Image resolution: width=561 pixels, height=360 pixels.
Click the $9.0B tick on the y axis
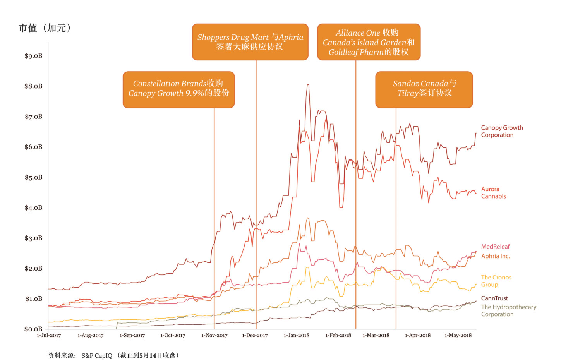point(33,56)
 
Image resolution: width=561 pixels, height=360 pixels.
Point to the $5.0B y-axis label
point(33,177)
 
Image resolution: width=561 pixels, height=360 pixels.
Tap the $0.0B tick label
point(33,329)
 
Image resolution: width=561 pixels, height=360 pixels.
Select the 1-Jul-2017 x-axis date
point(49,335)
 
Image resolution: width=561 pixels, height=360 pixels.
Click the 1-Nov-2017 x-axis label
point(214,335)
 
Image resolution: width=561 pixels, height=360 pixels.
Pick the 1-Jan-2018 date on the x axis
point(297,335)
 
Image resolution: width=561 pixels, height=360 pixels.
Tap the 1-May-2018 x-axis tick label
point(458,335)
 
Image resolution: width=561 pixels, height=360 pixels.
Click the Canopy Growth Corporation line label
point(502,131)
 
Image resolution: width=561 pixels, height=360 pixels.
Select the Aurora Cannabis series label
point(493,193)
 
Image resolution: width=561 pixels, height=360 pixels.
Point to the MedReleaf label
point(495,247)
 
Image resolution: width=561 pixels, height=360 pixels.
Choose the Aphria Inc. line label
point(495,256)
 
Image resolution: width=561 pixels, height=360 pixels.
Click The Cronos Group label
point(496,281)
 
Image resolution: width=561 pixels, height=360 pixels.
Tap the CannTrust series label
point(494,298)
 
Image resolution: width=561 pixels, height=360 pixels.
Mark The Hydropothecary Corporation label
point(508,310)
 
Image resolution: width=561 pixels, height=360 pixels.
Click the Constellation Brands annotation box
point(178,89)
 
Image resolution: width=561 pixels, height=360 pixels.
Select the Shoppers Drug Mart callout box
point(250,42)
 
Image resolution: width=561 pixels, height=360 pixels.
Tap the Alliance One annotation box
point(369,42)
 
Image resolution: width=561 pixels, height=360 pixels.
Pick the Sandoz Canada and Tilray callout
point(424,89)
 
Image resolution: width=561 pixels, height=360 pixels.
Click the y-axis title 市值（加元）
point(45,28)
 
